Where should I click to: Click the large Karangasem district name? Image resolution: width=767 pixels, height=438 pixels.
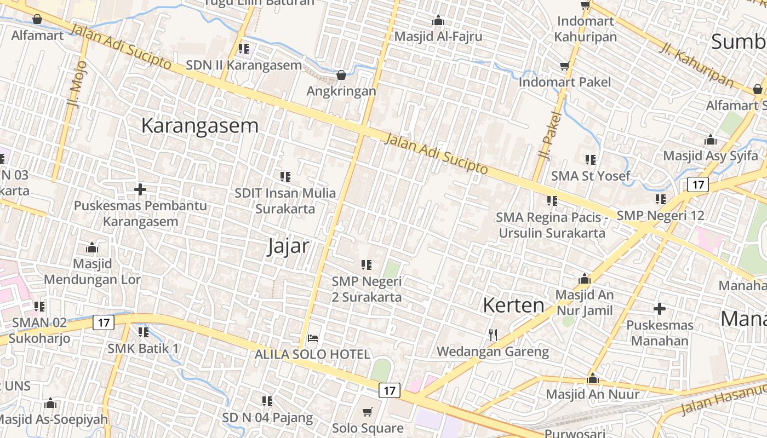[199, 125]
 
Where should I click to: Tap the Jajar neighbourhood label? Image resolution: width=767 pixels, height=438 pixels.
[288, 246]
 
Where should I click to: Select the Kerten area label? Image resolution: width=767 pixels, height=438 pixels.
[513, 306]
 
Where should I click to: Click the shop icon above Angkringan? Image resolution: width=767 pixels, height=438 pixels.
[341, 75]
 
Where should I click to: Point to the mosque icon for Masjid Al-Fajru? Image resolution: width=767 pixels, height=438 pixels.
[438, 21]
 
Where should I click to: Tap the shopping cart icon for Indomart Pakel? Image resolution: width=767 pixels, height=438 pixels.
[564, 66]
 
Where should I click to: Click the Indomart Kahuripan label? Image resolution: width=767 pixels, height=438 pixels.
[586, 29]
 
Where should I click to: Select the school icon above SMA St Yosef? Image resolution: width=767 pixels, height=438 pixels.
[590, 160]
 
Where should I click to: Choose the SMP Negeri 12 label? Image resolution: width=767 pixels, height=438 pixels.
[660, 215]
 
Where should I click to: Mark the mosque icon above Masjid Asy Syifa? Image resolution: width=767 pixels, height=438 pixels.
[711, 140]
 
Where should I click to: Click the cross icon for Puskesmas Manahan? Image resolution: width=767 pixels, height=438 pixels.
[660, 309]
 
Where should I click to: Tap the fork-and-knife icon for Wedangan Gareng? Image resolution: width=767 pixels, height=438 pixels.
[493, 334]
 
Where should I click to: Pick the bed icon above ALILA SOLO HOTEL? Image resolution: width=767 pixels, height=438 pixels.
[313, 338]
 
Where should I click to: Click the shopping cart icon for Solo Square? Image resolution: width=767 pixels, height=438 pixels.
[368, 411]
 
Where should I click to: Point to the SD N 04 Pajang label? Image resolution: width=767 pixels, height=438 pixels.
[267, 418]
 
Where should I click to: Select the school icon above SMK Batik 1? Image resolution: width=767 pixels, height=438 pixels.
[144, 332]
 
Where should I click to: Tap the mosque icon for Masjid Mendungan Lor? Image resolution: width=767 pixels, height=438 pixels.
[92, 248]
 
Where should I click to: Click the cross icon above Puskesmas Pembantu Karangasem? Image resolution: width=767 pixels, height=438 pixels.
[140, 189]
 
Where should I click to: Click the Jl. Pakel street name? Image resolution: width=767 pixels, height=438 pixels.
[550, 135]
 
